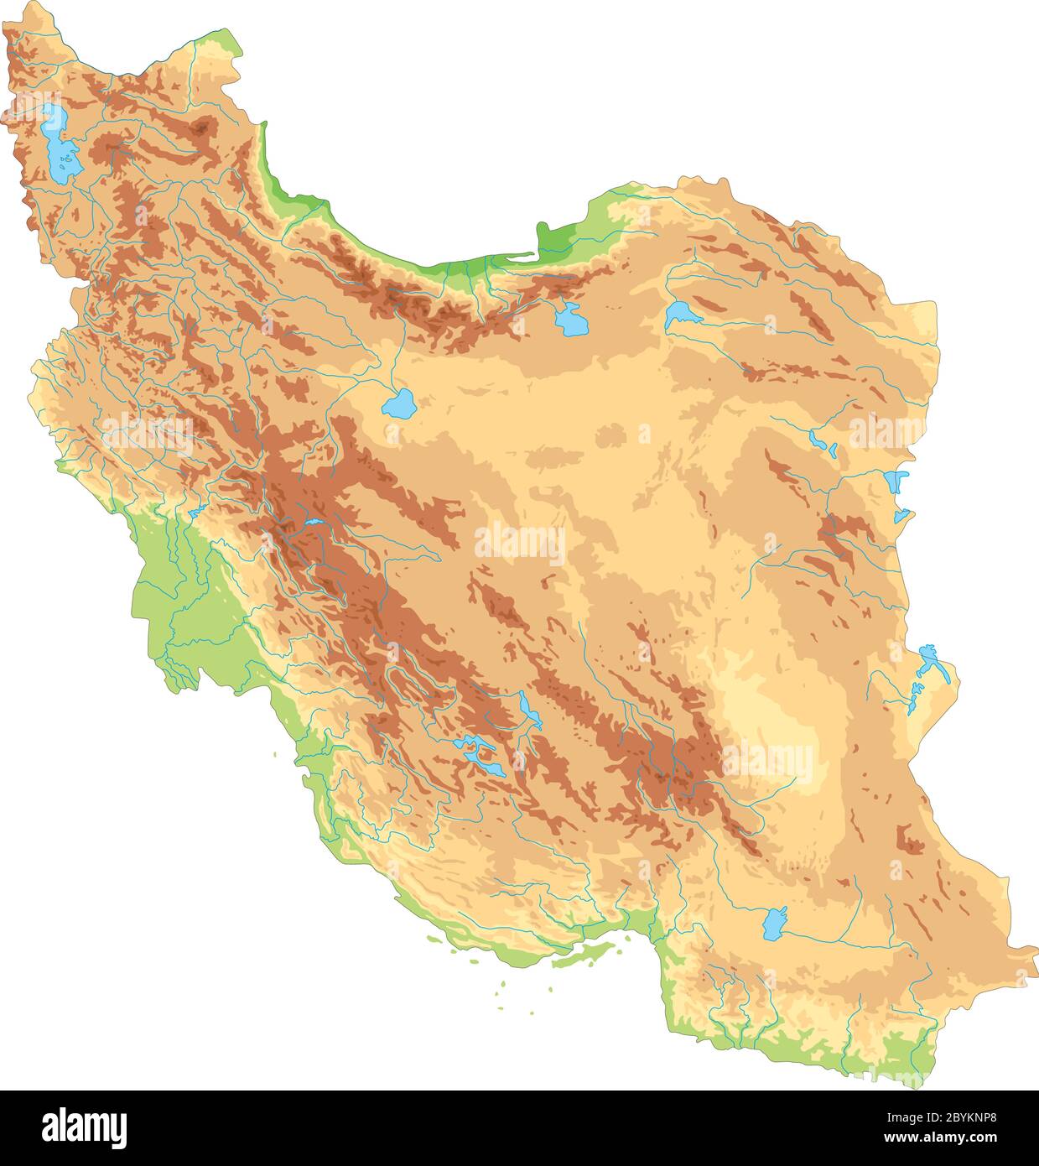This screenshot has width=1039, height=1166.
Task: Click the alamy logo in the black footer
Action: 85,1127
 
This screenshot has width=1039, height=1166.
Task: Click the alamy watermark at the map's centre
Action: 520,544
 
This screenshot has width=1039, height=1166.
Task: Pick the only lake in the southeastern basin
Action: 774,924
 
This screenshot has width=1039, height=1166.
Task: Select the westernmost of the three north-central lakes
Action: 399,404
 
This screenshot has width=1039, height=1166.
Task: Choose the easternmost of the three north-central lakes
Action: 682,315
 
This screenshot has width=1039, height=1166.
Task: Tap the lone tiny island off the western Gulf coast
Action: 274,754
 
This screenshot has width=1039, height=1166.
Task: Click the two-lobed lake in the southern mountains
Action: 474,752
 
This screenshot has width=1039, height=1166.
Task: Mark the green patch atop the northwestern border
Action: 221,42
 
